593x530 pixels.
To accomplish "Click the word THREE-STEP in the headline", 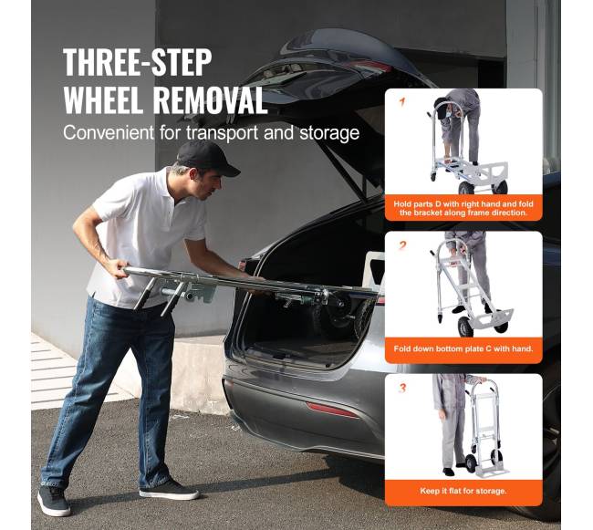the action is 137,62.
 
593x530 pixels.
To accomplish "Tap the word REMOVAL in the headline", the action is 210,100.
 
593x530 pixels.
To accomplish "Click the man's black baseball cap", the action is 207,158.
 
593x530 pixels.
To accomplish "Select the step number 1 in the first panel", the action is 401,102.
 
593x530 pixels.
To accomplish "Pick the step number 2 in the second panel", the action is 402,246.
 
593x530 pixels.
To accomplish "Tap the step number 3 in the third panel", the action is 402,389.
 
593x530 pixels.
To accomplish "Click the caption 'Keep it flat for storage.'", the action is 463,491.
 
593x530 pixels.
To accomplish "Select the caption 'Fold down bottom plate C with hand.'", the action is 463,348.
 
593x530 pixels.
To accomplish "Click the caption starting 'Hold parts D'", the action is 463,208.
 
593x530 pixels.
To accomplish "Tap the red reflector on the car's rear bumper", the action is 332,410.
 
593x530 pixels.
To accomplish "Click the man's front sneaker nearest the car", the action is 169,490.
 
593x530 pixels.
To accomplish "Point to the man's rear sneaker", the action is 53,500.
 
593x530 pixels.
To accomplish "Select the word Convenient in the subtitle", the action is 109,132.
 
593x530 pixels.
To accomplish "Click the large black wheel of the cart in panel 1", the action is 466,188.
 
